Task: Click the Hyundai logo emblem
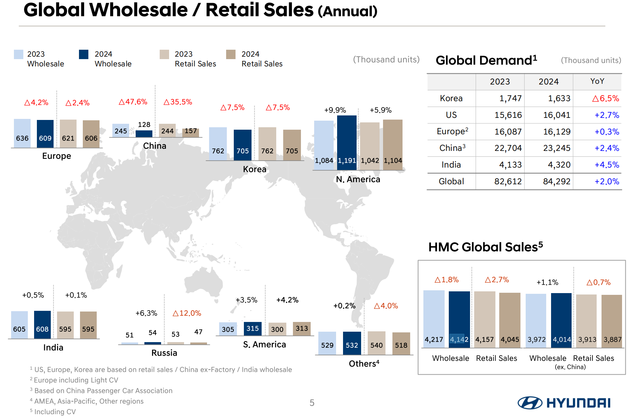530,403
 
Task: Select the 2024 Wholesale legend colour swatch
83,55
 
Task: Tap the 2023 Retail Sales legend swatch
164,55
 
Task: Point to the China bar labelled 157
191,132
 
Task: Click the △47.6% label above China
133,102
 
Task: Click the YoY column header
597,81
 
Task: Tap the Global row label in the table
451,181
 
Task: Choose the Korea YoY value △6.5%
605,98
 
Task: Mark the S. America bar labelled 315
253,329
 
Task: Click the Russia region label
164,353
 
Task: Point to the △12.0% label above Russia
187,313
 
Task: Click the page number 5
312,403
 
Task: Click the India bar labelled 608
42,325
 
